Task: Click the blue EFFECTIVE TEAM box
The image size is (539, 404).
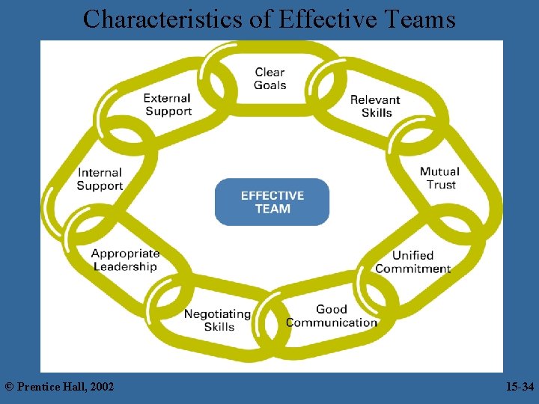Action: [x=272, y=202]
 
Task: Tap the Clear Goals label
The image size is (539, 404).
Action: [x=270, y=79]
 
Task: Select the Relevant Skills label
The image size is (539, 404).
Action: [x=375, y=106]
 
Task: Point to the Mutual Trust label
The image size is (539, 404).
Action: [x=439, y=178]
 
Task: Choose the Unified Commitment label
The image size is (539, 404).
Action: [x=412, y=262]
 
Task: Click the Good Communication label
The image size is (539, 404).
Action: [x=331, y=316]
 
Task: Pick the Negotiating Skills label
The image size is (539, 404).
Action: [x=218, y=320]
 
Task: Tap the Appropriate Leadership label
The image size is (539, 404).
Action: [x=125, y=260]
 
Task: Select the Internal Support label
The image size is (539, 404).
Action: [x=100, y=180]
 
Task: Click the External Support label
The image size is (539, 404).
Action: [x=168, y=105]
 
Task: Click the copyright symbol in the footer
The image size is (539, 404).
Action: [x=9, y=387]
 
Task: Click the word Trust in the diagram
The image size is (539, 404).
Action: [x=441, y=185]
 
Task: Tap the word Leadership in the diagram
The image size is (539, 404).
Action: [x=125, y=266]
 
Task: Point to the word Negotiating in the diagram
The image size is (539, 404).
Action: [x=217, y=313]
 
